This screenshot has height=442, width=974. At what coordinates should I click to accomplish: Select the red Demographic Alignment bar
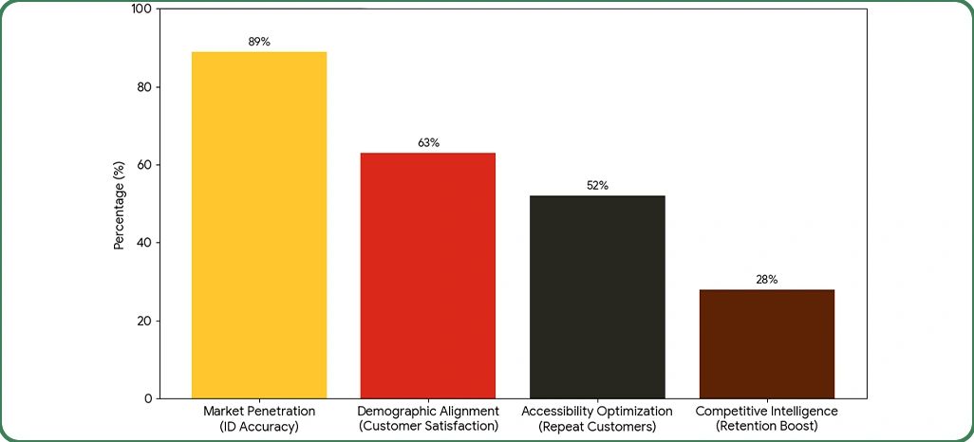428,275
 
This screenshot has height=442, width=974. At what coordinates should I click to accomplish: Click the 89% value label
259,42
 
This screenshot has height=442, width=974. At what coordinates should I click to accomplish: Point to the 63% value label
428,143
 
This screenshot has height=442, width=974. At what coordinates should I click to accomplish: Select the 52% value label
597,186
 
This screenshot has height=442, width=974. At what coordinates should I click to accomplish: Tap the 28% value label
766,280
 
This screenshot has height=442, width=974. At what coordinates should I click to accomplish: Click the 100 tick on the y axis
140,9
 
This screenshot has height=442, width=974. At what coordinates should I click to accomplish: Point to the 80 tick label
143,87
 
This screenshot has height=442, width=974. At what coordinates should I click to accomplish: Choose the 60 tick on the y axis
143,165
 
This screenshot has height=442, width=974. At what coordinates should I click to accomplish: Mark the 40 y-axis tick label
143,243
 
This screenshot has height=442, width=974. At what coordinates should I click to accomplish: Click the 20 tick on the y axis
143,321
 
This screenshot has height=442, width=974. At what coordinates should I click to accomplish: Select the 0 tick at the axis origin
147,398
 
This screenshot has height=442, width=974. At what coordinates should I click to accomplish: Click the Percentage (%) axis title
120,204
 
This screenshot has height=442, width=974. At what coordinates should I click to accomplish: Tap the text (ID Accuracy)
259,427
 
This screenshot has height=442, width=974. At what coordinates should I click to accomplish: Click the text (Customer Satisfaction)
428,427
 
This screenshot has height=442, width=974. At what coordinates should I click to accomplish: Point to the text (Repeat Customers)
597,427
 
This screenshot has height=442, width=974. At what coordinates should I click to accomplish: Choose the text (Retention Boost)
766,427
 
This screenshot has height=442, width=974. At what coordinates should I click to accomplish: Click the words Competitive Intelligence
766,412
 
